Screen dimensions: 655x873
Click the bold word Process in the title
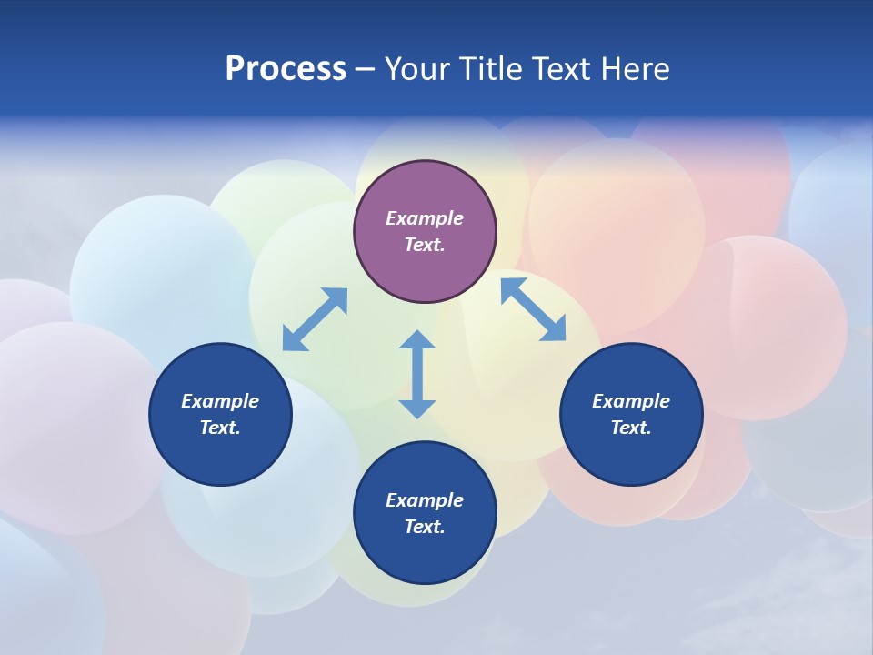click(286, 69)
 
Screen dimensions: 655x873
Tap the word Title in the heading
click(493, 69)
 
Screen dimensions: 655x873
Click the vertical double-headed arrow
click(417, 374)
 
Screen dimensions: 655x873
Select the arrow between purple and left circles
click(315, 319)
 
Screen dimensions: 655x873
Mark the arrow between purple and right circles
click(533, 309)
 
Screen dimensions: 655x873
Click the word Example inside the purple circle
click(425, 218)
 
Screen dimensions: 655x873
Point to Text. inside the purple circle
click(425, 245)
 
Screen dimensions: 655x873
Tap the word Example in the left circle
click(220, 401)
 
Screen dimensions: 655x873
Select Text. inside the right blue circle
click(631, 428)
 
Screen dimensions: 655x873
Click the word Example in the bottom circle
click(425, 500)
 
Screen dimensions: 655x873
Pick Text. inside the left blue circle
click(220, 428)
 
